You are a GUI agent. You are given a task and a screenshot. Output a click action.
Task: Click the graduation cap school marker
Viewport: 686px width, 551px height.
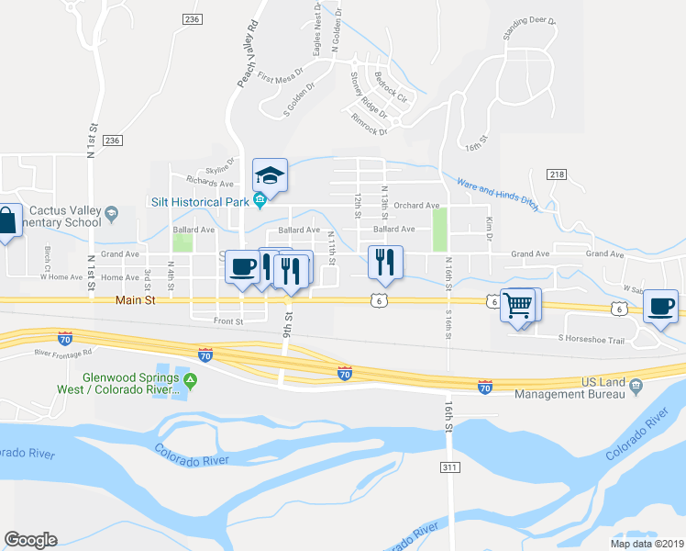[x=271, y=174]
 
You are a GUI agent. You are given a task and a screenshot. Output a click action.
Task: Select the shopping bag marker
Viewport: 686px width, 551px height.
[x=6, y=221]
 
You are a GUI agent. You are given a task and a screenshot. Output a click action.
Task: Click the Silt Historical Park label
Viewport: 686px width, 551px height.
[x=202, y=201]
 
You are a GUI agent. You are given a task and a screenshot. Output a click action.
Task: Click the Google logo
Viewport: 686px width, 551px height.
[x=30, y=540]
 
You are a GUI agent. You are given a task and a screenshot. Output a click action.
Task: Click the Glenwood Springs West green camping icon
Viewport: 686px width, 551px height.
[x=190, y=380]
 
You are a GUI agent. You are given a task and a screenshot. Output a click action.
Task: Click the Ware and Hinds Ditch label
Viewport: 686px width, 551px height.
[x=497, y=194]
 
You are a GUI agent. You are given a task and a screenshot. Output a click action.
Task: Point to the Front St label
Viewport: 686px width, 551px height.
[x=227, y=322]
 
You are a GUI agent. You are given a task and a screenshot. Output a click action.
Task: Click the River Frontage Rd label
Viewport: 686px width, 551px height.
[x=63, y=352]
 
